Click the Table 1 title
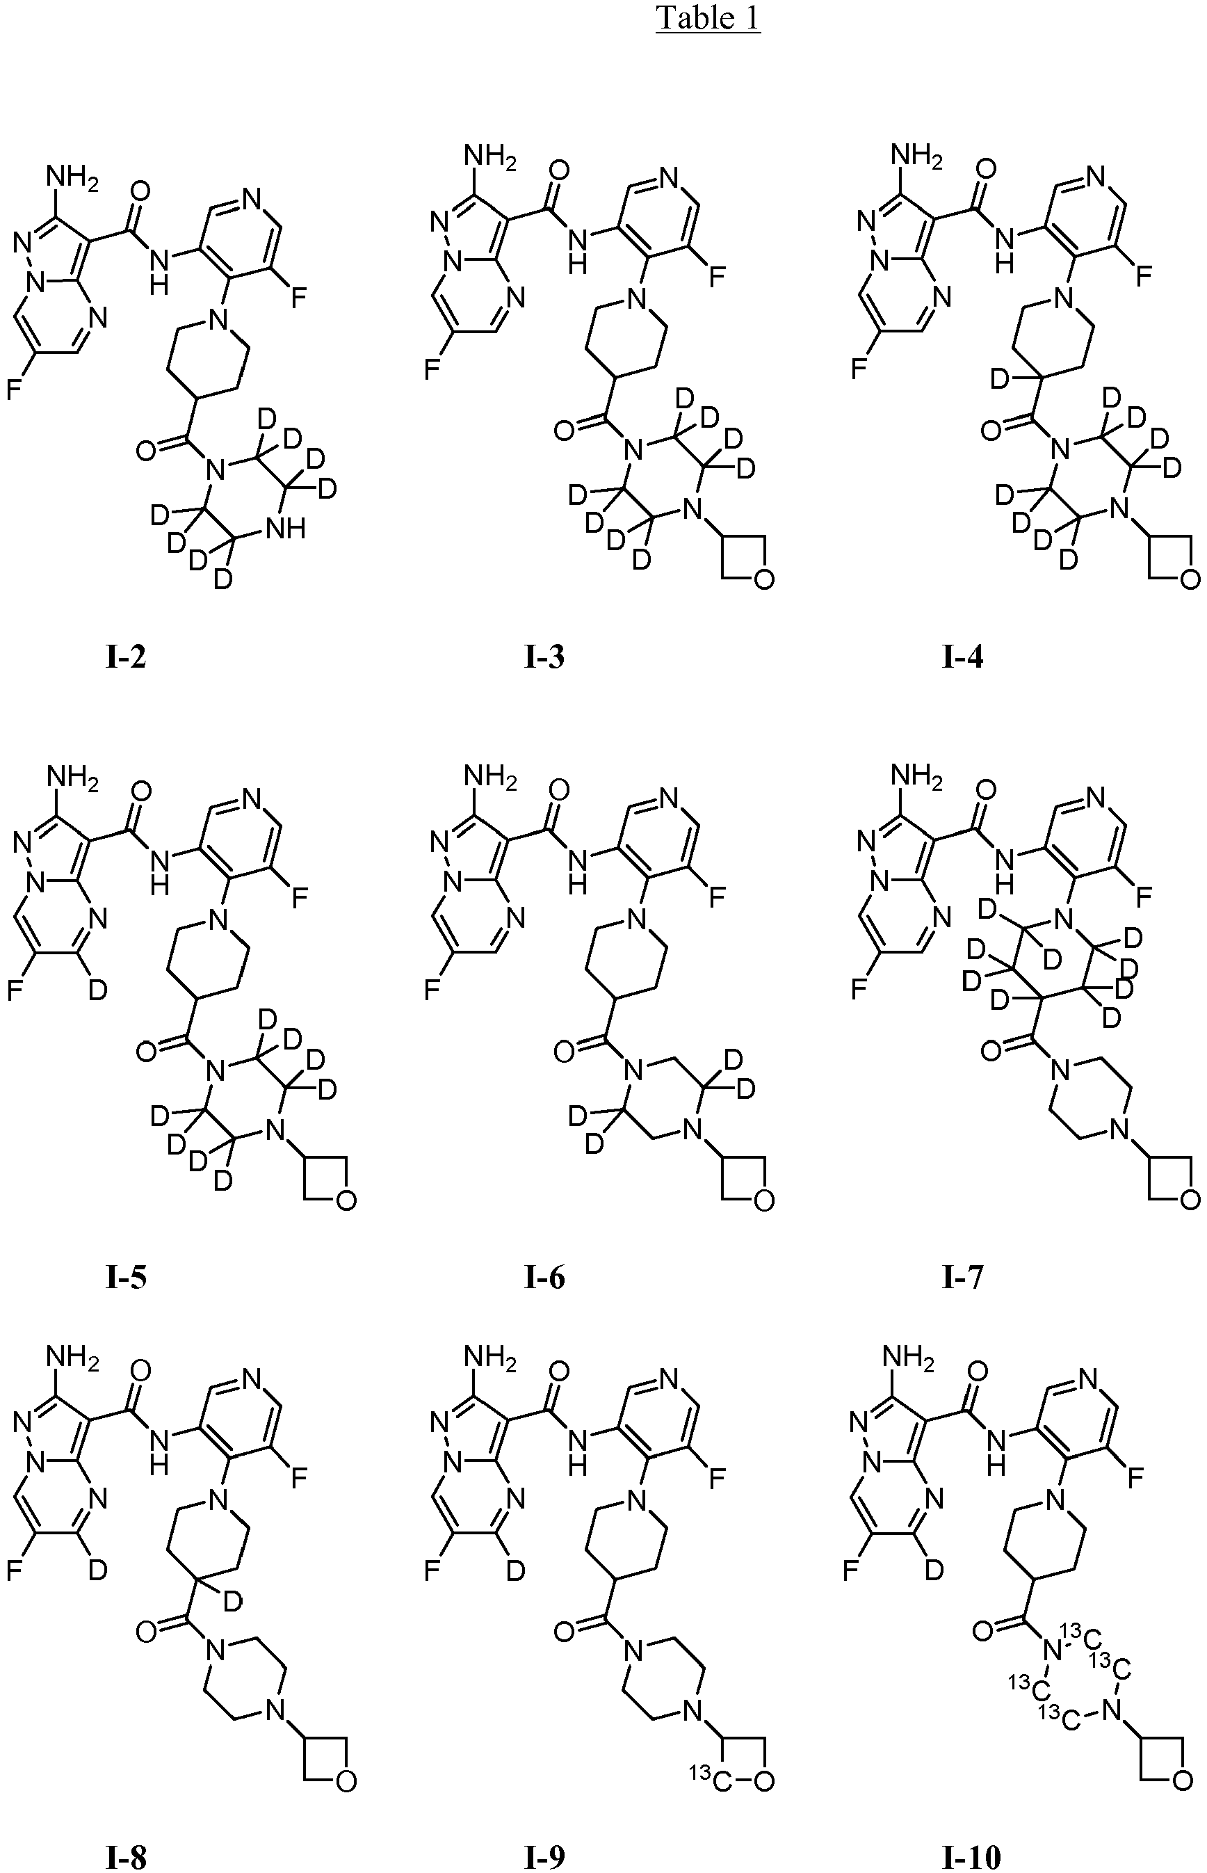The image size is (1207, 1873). point(708,18)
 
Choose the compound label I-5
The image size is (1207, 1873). point(126,1278)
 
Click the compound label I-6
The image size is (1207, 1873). point(544,1278)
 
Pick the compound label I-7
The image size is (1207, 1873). point(962,1278)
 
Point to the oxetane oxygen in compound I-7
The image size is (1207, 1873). point(1188,1201)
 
